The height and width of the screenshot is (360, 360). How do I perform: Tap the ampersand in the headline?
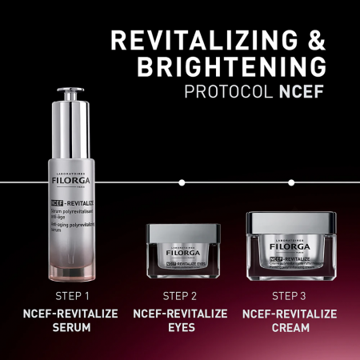[314, 40]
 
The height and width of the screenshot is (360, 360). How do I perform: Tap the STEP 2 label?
[180, 296]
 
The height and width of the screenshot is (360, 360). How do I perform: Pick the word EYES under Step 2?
[180, 328]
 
